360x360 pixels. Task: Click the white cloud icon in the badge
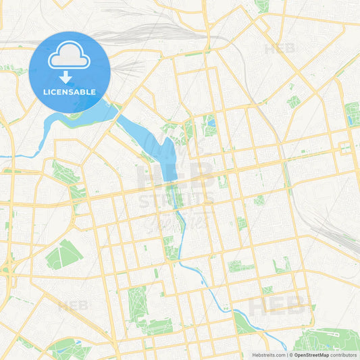click(x=69, y=58)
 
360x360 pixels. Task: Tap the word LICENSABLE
click(x=70, y=91)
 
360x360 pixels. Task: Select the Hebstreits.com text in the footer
click(x=266, y=355)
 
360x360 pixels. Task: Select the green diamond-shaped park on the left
click(x=63, y=254)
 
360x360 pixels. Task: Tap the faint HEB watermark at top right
click(x=280, y=49)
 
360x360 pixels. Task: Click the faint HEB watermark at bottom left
click(x=73, y=305)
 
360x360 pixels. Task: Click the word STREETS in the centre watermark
click(x=178, y=200)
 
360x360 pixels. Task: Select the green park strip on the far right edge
click(x=352, y=113)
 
